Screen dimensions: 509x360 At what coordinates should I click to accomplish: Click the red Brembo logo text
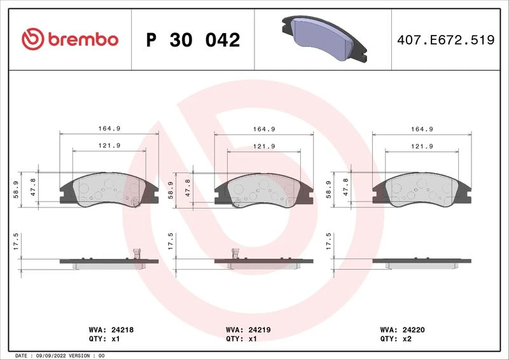(83, 39)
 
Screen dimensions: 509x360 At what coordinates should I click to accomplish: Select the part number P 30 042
(193, 40)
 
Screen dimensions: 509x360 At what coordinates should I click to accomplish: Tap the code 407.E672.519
(446, 40)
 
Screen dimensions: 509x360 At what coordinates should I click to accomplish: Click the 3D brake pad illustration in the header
(324, 38)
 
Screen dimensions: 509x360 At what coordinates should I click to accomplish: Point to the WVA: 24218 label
(111, 330)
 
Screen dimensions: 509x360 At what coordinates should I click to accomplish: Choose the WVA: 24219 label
(248, 330)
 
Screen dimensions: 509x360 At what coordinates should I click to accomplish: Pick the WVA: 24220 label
(402, 330)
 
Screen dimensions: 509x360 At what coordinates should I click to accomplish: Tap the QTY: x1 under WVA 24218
(104, 339)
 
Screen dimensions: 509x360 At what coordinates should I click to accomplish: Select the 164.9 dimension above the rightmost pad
(422, 129)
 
